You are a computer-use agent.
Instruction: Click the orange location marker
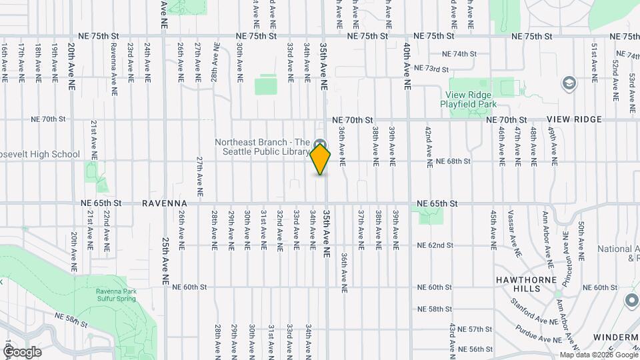point(321,159)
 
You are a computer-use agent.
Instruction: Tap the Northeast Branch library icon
point(320,143)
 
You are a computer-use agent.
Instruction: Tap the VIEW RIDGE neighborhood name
point(574,119)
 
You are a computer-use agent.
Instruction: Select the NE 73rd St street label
point(431,68)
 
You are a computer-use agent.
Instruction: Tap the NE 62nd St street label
point(435,245)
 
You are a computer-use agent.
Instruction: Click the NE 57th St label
point(475,329)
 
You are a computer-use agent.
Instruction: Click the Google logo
point(21,351)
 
